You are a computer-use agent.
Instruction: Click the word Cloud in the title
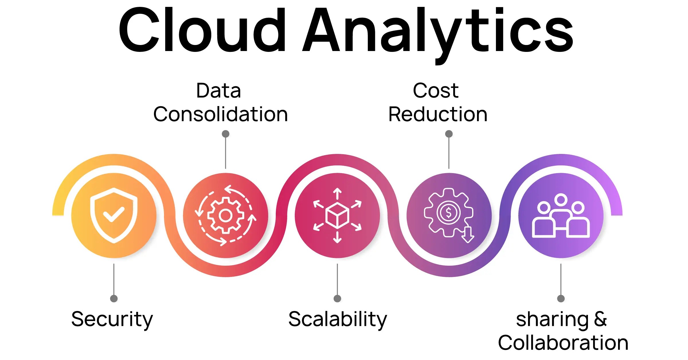click(202, 30)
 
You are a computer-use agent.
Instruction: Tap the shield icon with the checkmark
click(114, 215)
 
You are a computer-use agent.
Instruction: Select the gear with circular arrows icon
click(226, 215)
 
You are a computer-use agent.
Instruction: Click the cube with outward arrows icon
click(337, 215)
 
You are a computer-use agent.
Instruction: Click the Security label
click(112, 319)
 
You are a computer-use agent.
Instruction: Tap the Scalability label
click(338, 319)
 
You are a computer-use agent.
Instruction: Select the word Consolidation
click(220, 114)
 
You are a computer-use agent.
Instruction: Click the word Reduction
click(438, 114)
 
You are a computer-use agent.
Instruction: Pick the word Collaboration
click(563, 343)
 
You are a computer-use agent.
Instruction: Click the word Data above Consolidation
click(218, 91)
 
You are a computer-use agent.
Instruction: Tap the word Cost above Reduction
click(436, 91)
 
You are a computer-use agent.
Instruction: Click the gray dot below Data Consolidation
click(226, 134)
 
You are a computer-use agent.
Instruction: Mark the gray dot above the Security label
click(114, 299)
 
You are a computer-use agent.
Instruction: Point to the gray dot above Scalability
click(337, 299)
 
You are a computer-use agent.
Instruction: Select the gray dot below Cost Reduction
click(449, 134)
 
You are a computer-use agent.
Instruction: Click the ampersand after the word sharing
click(600, 319)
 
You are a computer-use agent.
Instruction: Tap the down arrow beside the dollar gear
click(468, 235)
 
